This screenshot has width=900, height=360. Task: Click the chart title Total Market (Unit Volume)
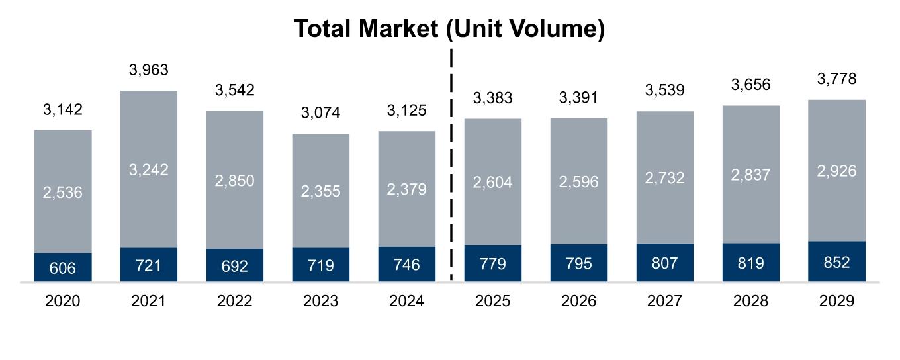click(x=449, y=29)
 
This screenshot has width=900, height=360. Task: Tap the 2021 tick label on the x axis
click(x=148, y=301)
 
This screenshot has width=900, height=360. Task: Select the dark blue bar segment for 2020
click(x=63, y=267)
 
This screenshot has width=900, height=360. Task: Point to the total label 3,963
click(x=148, y=70)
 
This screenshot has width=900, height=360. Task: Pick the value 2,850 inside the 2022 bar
click(x=234, y=181)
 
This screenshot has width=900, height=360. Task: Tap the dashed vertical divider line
click(x=451, y=165)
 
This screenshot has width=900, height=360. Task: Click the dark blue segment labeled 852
click(x=836, y=262)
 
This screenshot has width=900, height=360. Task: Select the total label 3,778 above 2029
click(x=836, y=79)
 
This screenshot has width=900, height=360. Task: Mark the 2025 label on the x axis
click(x=492, y=301)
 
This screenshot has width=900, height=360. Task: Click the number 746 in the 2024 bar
click(x=406, y=265)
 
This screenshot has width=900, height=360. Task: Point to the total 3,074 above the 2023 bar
click(x=320, y=113)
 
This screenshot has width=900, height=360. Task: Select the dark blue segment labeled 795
click(x=578, y=263)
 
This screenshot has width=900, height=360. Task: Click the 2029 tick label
click(x=836, y=301)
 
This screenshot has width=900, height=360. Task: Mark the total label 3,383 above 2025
click(x=492, y=99)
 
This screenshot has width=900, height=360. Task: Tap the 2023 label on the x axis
click(x=320, y=301)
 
